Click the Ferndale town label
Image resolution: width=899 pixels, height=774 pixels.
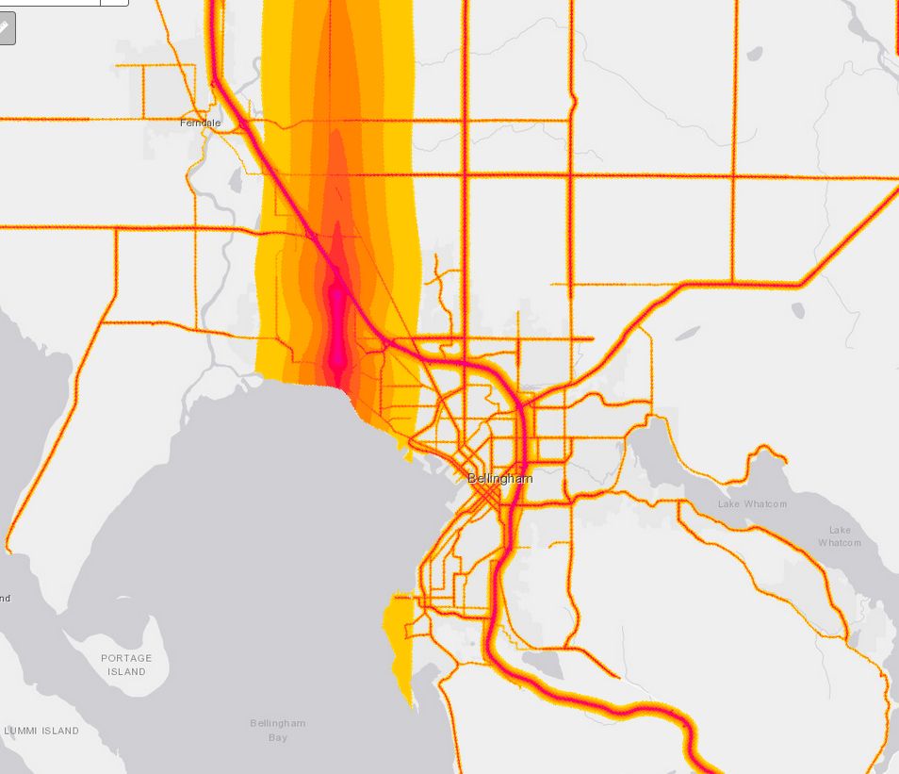point(200,124)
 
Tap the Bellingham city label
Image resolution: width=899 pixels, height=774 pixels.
point(499,479)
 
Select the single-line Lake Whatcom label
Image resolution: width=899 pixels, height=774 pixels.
point(752,504)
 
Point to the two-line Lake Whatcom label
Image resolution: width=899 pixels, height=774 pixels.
point(839,536)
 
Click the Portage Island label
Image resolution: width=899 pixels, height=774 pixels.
point(126,665)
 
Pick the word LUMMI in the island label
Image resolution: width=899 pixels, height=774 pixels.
point(24,731)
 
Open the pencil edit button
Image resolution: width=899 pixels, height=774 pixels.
point(6,27)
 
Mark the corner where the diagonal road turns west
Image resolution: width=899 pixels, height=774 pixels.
point(800,283)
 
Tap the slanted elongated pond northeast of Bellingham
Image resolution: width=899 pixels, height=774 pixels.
point(688,333)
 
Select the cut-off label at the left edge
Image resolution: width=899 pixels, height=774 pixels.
point(5,598)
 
